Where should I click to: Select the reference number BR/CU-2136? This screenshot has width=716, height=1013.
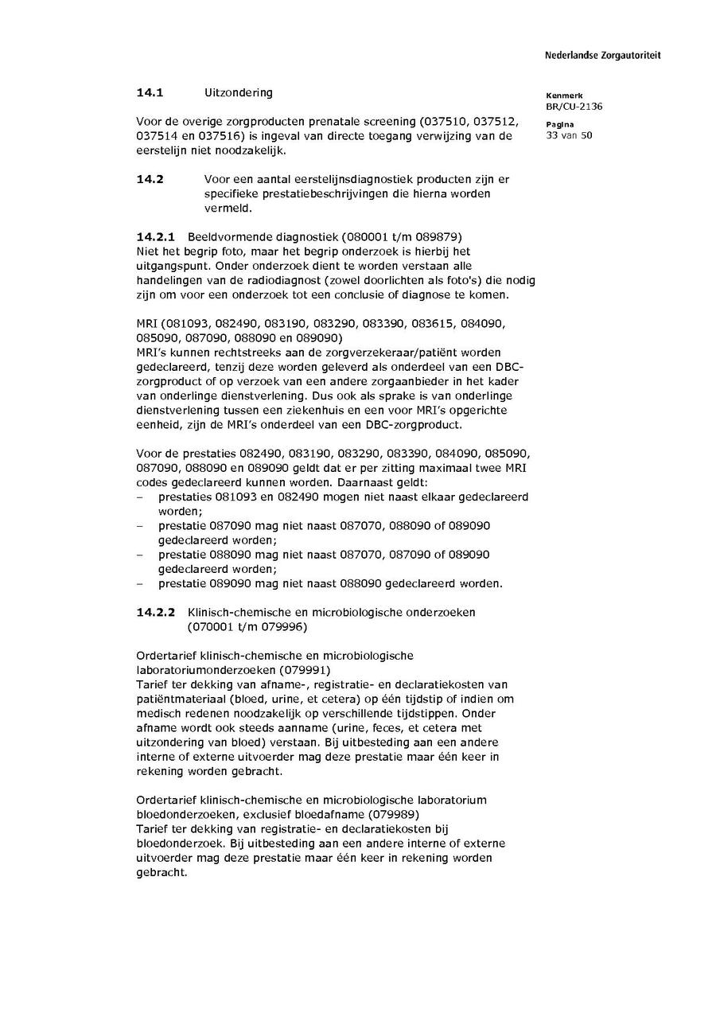[574, 107]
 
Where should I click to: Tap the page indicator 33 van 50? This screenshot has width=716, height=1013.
[569, 135]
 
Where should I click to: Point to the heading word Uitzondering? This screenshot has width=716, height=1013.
[238, 92]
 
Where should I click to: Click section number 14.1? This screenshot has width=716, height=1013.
[150, 92]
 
